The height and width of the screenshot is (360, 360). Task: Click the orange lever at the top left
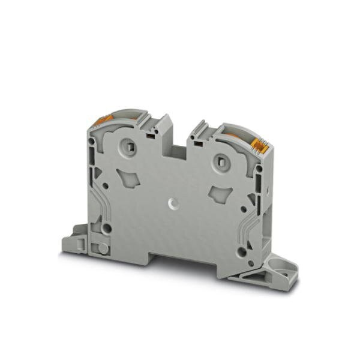tap(98, 121)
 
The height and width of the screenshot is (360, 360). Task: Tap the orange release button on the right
tap(260, 143)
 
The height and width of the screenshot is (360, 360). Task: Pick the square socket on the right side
tap(221, 160)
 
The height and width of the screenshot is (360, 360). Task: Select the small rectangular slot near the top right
tap(196, 144)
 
